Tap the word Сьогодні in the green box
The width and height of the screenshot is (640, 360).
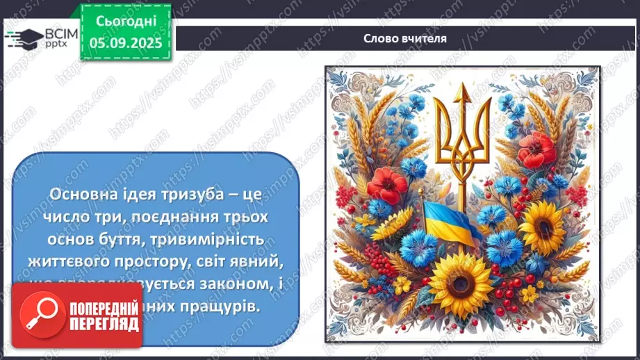pos(125,22)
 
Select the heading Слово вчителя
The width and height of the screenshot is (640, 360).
pos(405,38)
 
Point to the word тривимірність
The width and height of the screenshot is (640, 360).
pos(220,239)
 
